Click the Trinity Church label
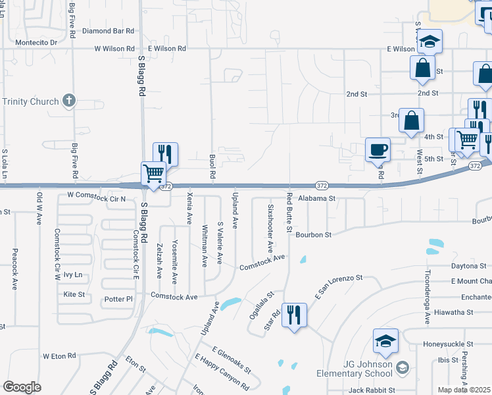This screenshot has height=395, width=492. pyautogui.click(x=31, y=101)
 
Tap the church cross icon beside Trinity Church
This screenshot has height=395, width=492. pyautogui.click(x=69, y=101)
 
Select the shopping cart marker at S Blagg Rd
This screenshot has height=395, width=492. pyautogui.click(x=153, y=174)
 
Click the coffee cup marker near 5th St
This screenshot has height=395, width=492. pyautogui.click(x=378, y=149)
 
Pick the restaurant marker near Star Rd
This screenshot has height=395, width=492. pyautogui.click(x=293, y=315)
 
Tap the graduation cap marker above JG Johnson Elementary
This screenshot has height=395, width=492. pyautogui.click(x=385, y=340)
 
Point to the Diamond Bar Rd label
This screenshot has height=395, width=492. pyautogui.click(x=108, y=31)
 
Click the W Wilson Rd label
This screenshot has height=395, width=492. pyautogui.click(x=114, y=49)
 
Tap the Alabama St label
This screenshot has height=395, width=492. pyautogui.click(x=316, y=197)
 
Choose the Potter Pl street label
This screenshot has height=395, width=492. pyautogui.click(x=118, y=299)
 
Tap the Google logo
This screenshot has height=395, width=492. pyautogui.click(x=21, y=387)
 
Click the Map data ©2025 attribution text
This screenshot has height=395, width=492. pyautogui.click(x=464, y=390)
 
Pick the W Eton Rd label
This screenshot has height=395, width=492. pyautogui.click(x=60, y=355)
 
